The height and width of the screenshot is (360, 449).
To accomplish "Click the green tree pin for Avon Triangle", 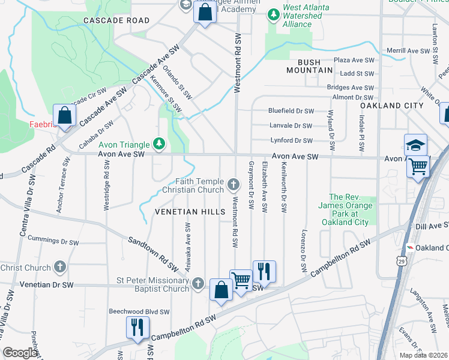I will [x=159, y=143].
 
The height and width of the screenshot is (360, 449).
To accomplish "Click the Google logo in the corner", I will [x=20, y=352].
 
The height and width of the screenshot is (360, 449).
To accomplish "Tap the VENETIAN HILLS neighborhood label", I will [x=190, y=212].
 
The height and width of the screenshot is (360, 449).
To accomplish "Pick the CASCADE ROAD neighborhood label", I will [x=116, y=20].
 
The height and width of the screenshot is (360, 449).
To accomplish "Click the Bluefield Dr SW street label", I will [x=291, y=111].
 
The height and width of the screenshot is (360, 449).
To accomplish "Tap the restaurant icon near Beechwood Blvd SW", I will [x=137, y=327].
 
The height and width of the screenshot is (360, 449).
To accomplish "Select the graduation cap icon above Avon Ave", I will [x=415, y=145].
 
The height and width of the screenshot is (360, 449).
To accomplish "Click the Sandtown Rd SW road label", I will [x=154, y=253].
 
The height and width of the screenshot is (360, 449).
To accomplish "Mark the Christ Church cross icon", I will [x=59, y=266].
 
